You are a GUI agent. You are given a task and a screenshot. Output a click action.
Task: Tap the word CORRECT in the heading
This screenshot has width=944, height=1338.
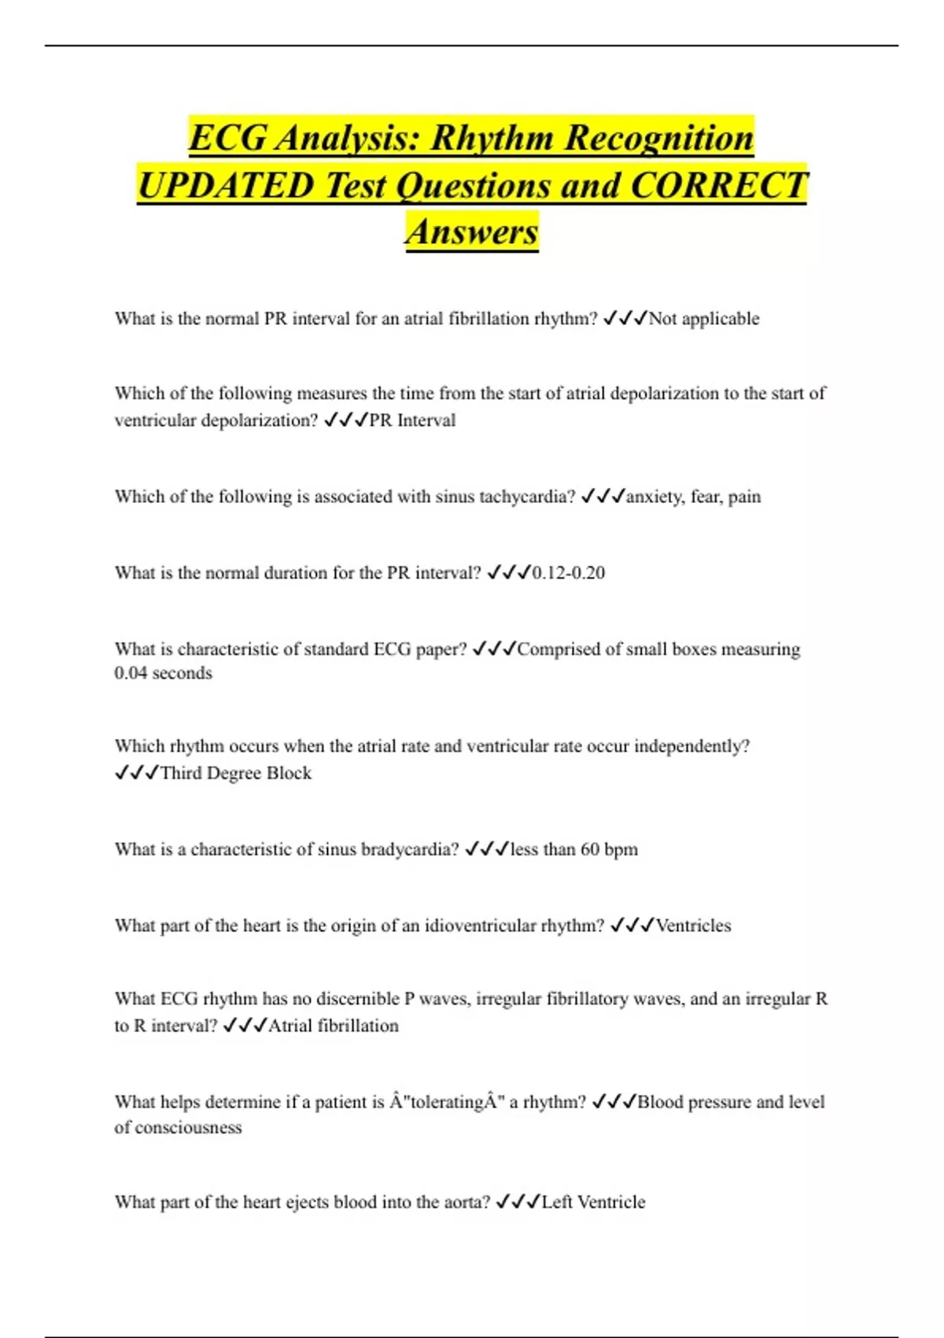[x=719, y=186]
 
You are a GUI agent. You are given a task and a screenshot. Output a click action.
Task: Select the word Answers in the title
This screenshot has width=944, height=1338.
[x=472, y=231]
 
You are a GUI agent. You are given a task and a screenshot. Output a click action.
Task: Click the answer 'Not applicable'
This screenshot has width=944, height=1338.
[x=704, y=319]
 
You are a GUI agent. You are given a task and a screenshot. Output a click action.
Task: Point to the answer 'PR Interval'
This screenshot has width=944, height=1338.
[x=412, y=420]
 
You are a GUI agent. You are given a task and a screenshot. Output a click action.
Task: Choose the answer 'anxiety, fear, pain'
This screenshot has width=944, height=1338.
[x=693, y=497]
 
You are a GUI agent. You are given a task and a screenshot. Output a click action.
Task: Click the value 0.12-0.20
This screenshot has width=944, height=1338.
[x=569, y=573]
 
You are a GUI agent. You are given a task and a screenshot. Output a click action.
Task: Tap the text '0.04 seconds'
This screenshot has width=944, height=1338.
[x=164, y=673]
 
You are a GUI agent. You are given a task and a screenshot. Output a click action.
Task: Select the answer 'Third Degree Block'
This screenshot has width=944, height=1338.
[x=236, y=773]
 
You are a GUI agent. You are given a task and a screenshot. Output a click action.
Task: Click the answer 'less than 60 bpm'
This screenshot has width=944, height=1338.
[x=574, y=849]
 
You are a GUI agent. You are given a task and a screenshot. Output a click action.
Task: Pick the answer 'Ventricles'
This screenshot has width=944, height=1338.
[x=693, y=926]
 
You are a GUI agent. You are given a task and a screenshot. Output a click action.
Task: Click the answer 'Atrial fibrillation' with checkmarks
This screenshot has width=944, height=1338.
[x=334, y=1026]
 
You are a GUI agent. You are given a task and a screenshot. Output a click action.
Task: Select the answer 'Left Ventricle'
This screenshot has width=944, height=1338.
[x=593, y=1202]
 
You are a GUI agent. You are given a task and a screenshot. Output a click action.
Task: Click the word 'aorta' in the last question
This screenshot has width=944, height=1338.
[x=466, y=1202]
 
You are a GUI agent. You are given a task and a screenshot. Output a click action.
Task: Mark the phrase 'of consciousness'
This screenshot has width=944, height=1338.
[x=179, y=1127]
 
